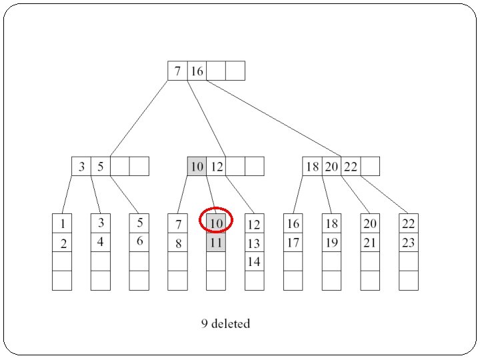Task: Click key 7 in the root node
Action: [177, 71]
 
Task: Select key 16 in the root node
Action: [197, 71]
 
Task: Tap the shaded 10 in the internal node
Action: [197, 167]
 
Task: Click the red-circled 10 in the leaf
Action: [216, 223]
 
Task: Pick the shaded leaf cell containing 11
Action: [216, 243]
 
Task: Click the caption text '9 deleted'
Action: [226, 324]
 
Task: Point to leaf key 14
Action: [254, 261]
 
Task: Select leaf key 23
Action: [409, 243]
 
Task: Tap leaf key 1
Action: [62, 224]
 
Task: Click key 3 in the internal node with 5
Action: [81, 167]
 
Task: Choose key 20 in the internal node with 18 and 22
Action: [332, 167]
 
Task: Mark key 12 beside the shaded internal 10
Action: [216, 167]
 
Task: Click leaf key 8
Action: [177, 243]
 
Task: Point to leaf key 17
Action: [293, 243]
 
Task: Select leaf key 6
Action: [139, 241]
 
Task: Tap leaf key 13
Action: [254, 243]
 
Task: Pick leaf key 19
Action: [331, 243]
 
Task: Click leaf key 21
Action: [370, 243]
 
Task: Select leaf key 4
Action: [101, 241]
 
